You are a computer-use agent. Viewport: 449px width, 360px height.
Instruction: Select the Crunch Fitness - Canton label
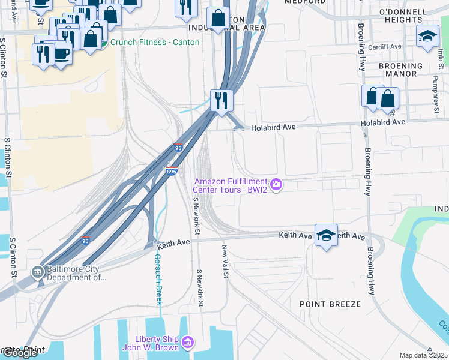pos(154,42)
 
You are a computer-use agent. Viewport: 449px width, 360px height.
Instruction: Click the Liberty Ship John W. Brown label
pos(148,343)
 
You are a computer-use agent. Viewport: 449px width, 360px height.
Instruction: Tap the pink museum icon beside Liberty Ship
pos(188,342)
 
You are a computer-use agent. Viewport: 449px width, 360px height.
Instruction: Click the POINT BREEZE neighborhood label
pos(330,304)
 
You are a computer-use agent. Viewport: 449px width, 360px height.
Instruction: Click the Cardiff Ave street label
pos(386,46)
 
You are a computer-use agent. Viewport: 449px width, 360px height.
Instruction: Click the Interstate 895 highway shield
pos(172,171)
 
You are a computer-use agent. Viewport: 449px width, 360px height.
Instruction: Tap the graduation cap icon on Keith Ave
pos(326,235)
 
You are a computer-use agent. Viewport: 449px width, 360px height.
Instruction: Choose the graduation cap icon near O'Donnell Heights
pos(428,37)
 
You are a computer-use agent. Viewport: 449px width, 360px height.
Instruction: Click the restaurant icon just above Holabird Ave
pos(221,100)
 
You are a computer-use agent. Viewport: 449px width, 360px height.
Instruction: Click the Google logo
pos(20,353)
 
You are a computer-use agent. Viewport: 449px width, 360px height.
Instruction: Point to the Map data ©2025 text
pos(424,355)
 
